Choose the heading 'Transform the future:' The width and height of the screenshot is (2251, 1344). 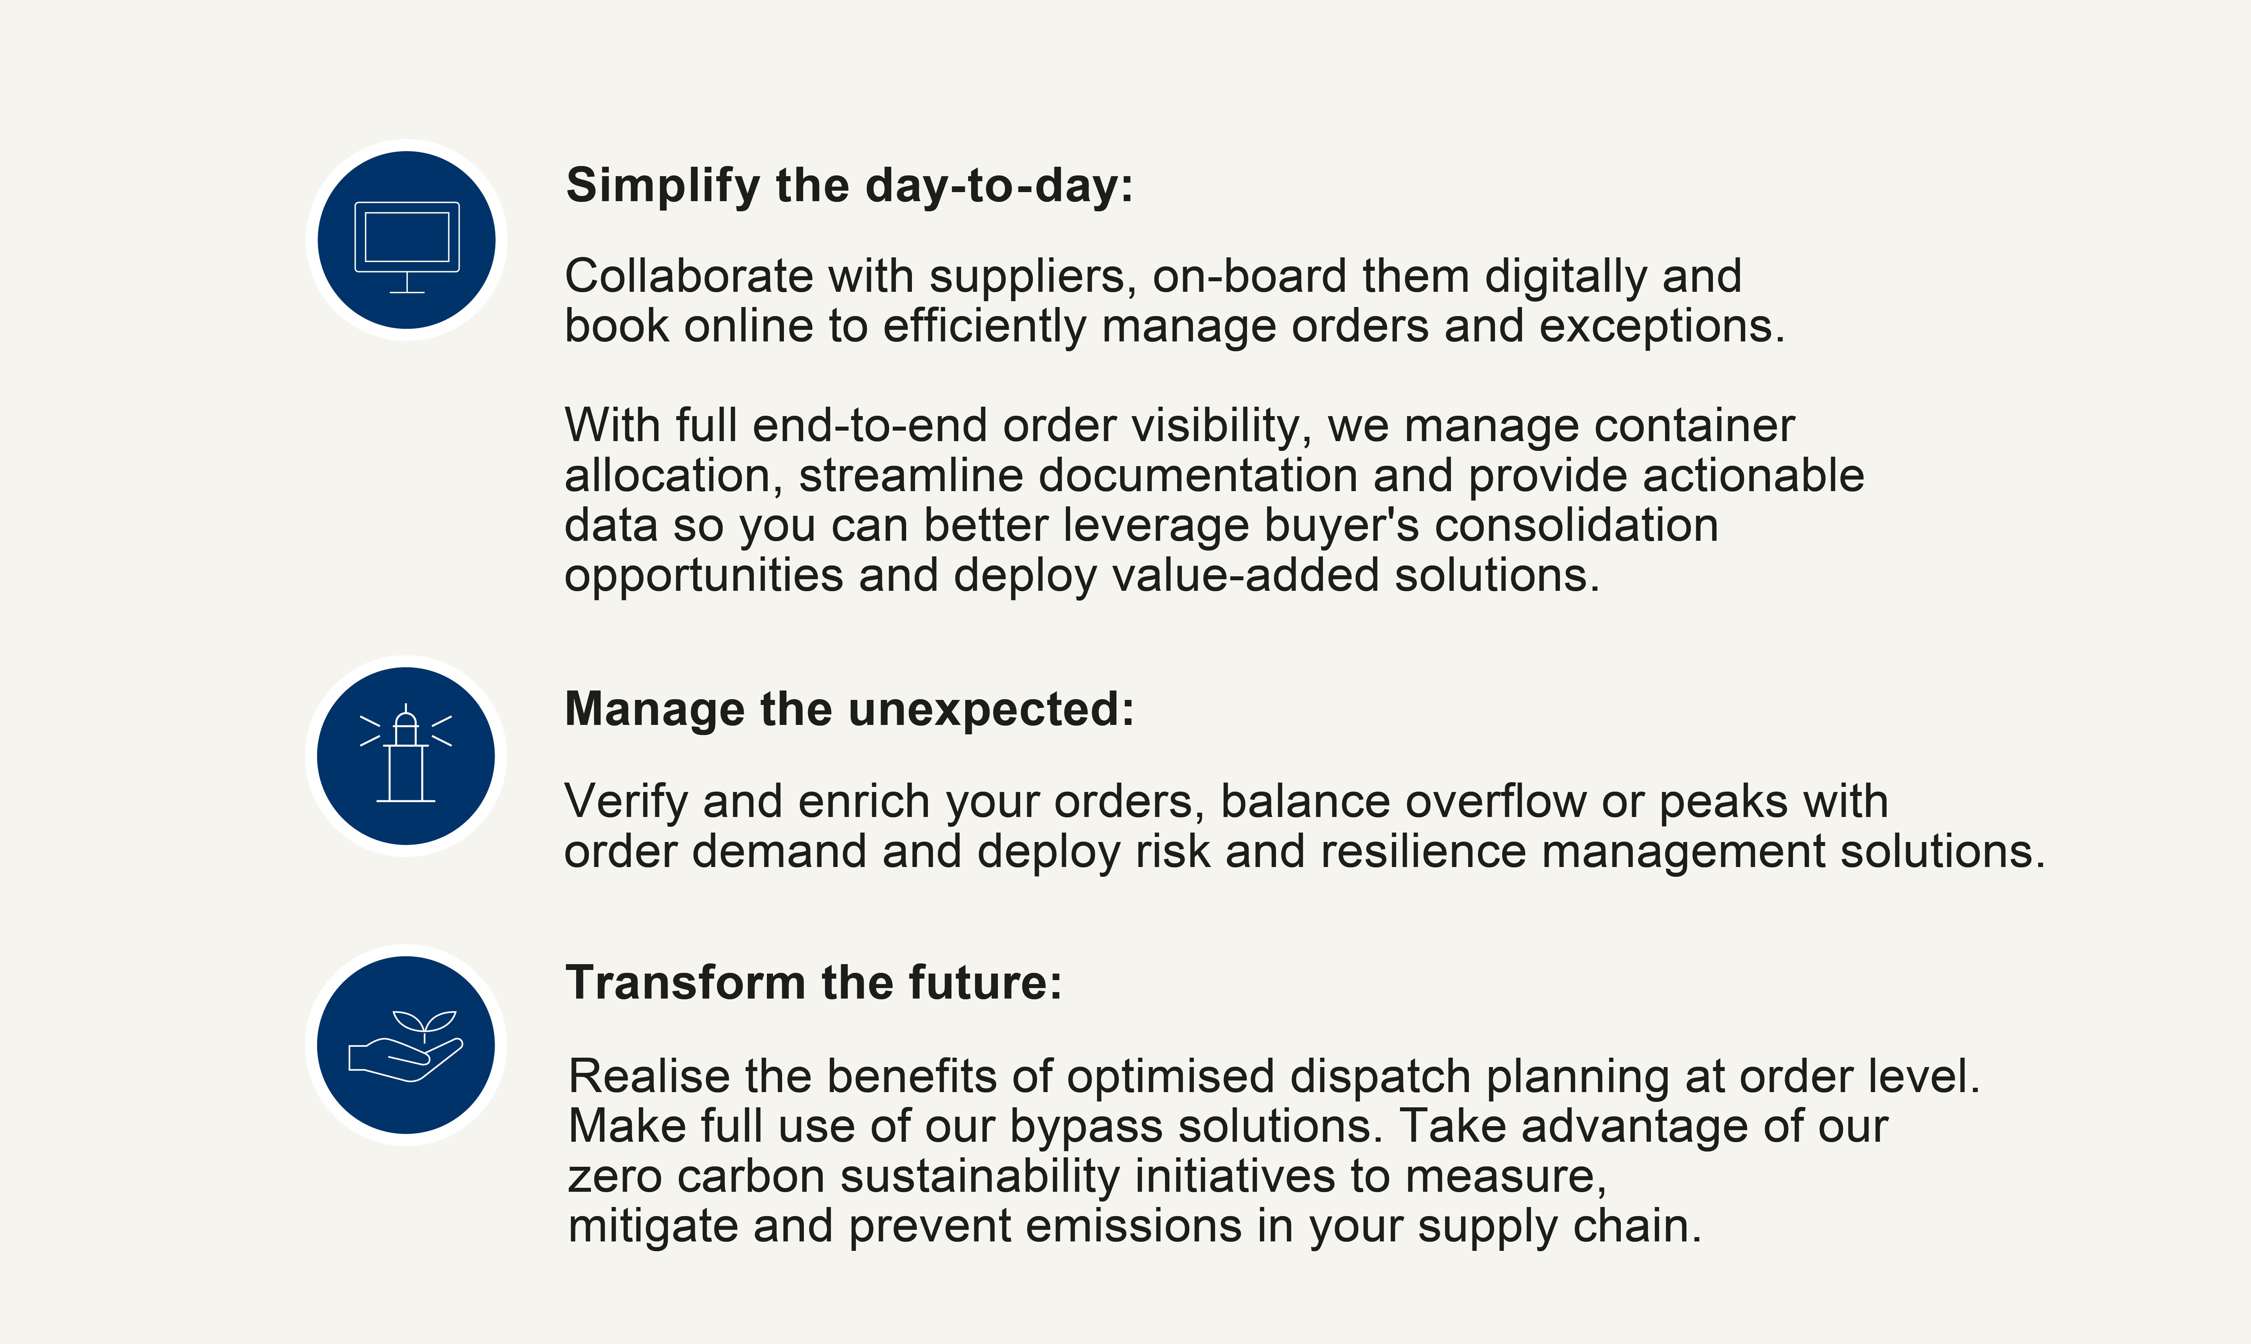(813, 983)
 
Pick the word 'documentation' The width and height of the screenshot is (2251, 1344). (1198, 476)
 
